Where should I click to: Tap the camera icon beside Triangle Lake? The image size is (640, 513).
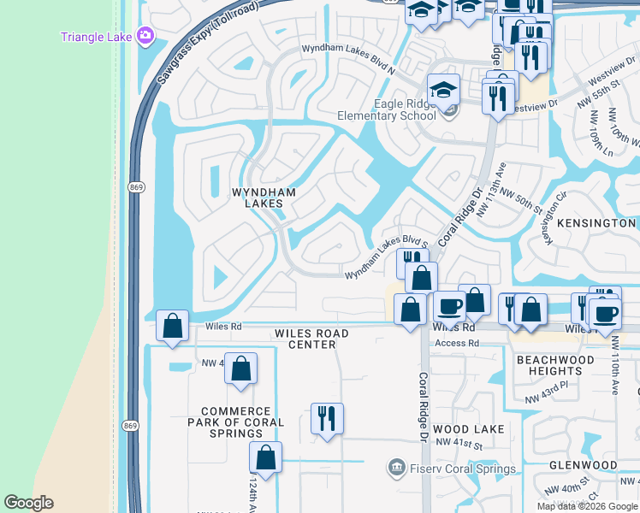(146, 36)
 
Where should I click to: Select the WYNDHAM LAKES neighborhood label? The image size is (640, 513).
(264, 198)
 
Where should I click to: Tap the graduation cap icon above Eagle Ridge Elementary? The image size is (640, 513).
(444, 89)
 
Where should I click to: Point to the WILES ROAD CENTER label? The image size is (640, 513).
(311, 339)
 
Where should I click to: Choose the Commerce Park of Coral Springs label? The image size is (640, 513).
(235, 422)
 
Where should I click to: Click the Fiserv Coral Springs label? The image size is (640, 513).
(461, 469)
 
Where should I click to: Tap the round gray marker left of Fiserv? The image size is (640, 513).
(395, 468)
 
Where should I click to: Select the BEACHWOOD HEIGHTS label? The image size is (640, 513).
(555, 365)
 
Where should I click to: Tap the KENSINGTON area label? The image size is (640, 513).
(596, 222)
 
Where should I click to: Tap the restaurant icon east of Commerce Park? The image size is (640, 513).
(327, 419)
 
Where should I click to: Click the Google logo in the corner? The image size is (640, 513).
(28, 503)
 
